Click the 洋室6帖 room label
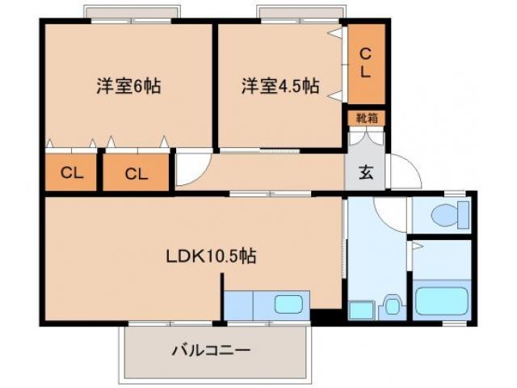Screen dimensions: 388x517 (x=128, y=86)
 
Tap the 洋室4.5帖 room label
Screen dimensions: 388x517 (x=280, y=86)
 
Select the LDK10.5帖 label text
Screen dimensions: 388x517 (x=212, y=257)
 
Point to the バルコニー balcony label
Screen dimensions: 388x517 (x=211, y=350)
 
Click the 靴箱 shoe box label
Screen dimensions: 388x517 (x=366, y=118)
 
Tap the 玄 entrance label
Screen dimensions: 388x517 (x=366, y=171)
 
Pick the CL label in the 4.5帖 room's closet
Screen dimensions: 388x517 (x=366, y=63)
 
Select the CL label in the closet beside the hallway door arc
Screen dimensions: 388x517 (x=136, y=172)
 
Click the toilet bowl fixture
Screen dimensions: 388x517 (x=448, y=216)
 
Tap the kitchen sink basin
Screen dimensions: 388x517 (x=289, y=306)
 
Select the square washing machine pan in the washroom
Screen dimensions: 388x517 (x=359, y=309)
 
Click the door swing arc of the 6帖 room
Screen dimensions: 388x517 (x=191, y=169)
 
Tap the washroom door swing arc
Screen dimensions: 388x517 (x=391, y=212)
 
